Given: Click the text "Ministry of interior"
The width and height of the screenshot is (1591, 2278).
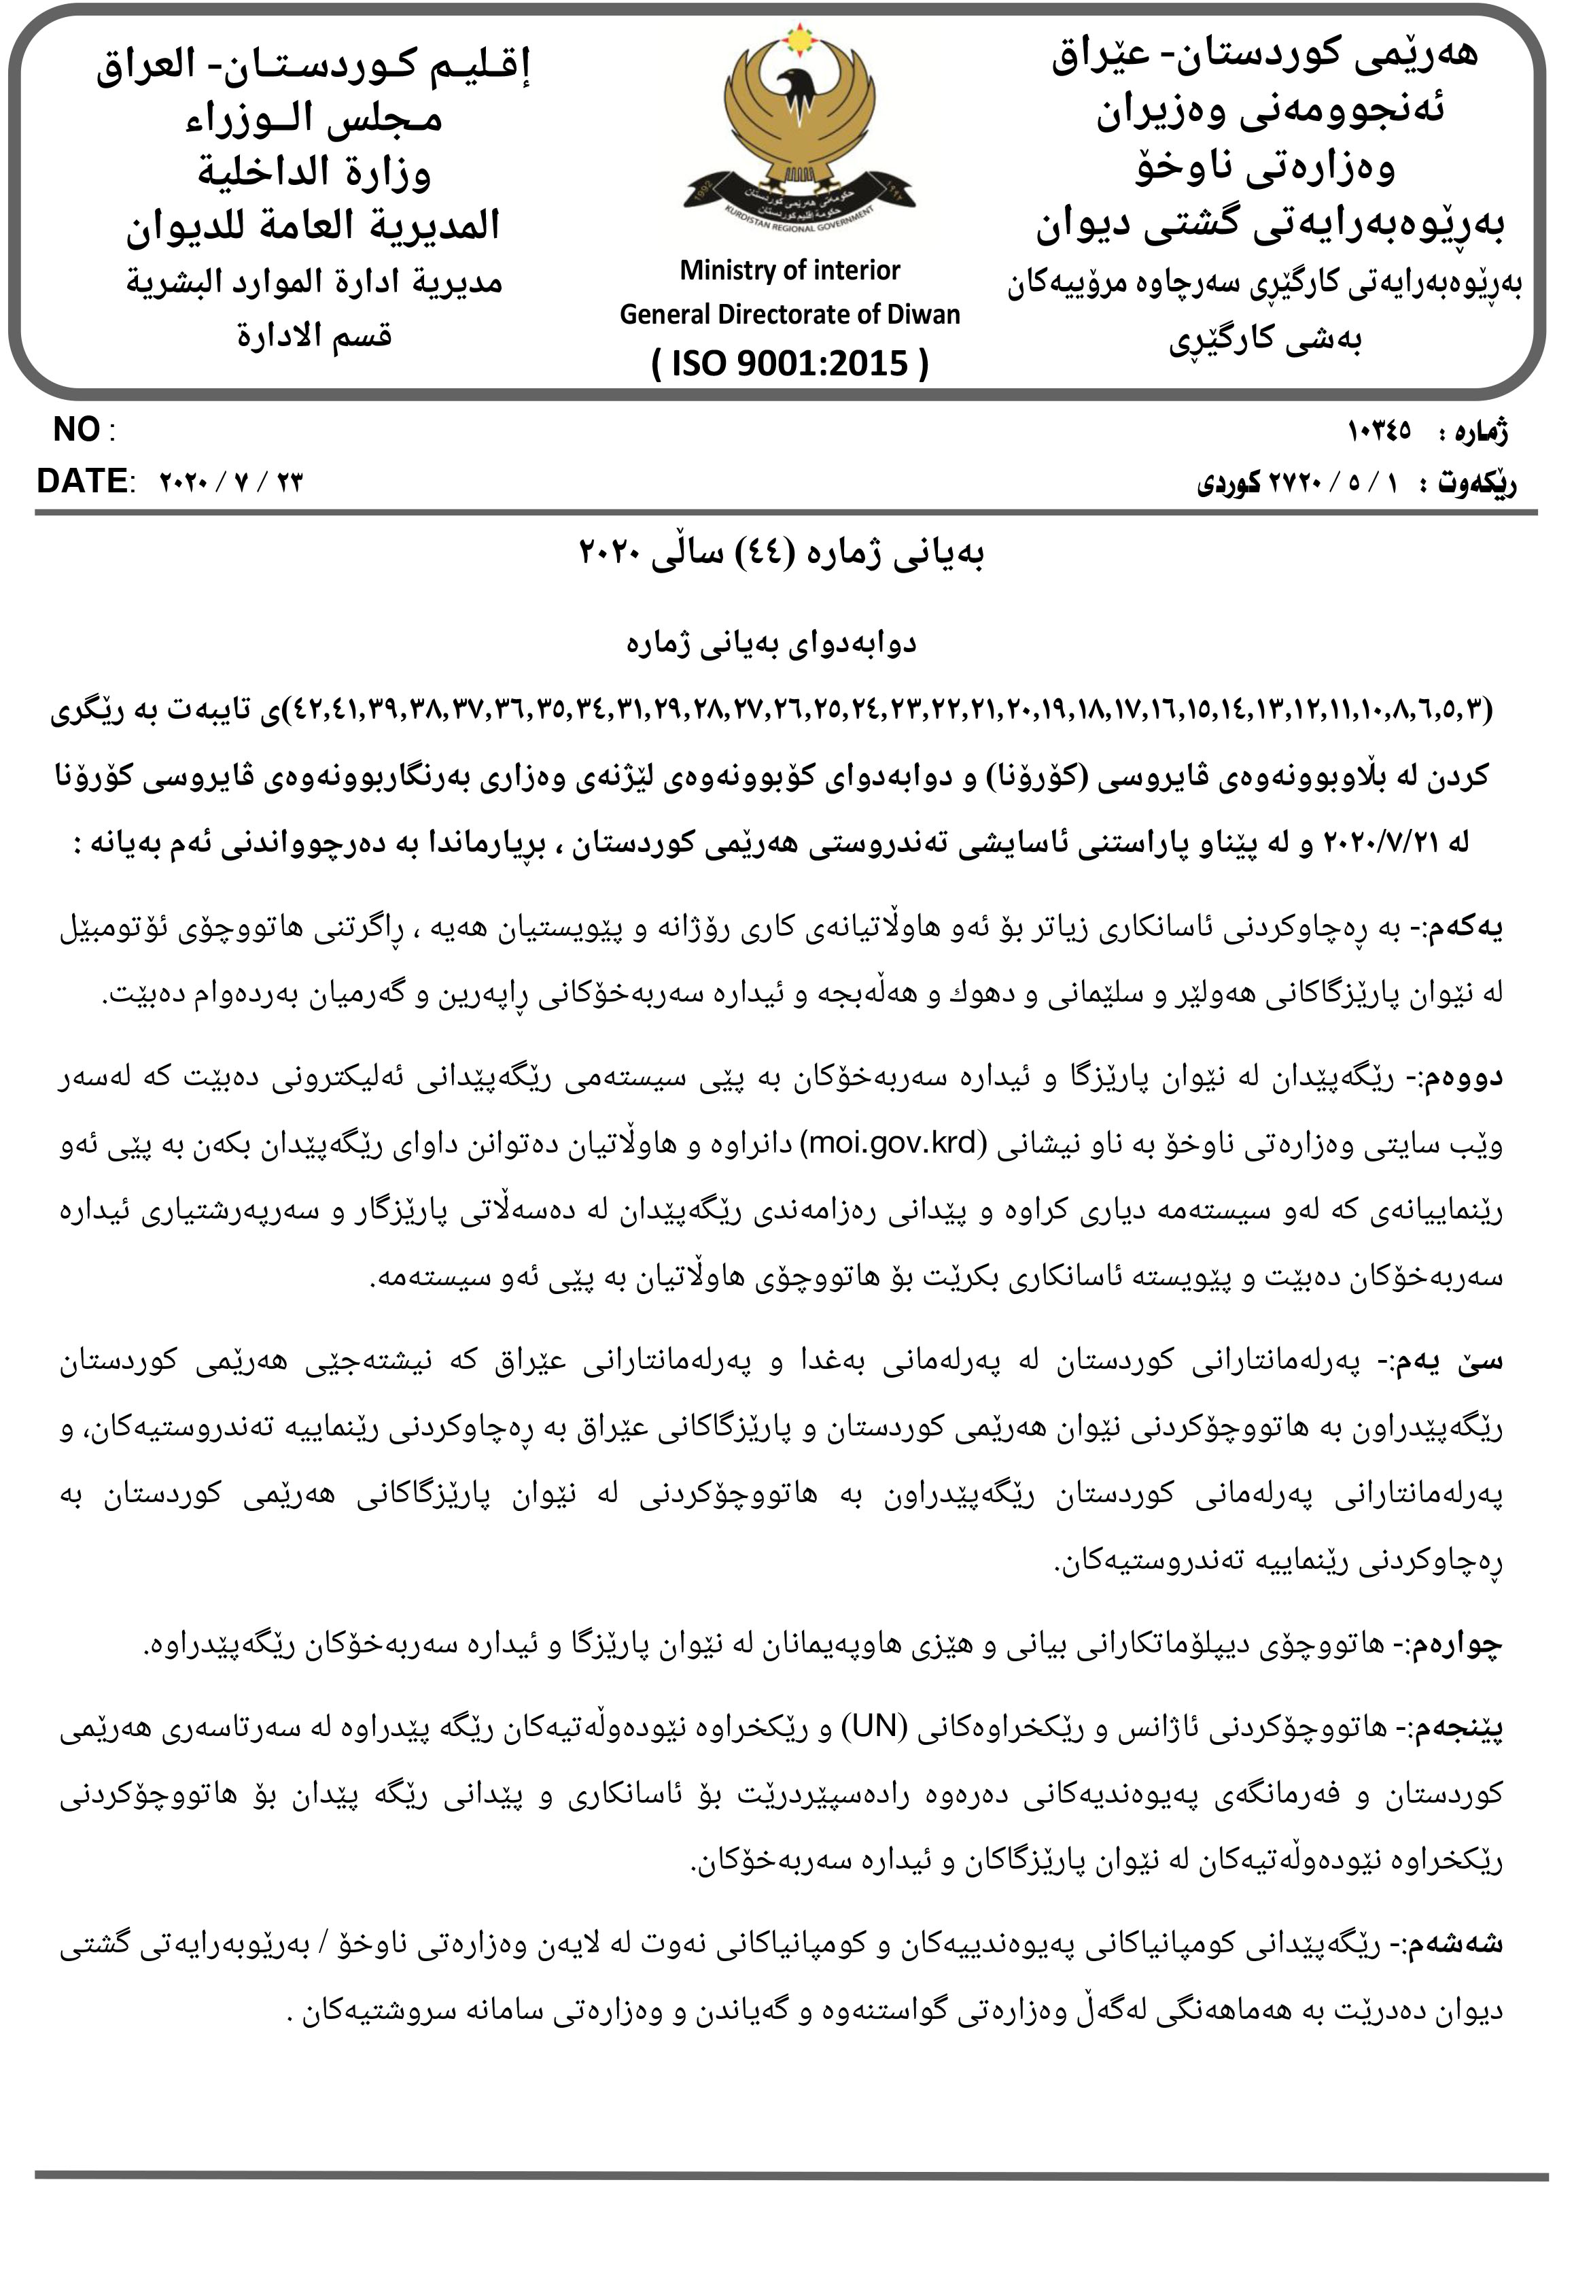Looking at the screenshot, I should [x=790, y=270].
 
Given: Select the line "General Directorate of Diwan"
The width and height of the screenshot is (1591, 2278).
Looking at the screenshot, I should [x=790, y=315].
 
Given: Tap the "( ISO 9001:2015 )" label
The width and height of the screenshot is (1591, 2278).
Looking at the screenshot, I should [x=790, y=363].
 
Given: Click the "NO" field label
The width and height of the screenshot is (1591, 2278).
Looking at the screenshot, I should [x=76, y=430].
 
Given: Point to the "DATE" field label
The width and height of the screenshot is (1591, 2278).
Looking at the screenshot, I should [x=82, y=481].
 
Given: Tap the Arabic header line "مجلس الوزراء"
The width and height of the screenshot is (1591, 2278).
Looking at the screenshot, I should [x=313, y=119].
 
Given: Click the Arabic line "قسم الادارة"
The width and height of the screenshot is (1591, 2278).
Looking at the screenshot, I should [x=313, y=335].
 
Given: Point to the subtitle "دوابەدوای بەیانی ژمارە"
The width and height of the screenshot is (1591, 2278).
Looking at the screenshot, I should [x=771, y=644].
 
